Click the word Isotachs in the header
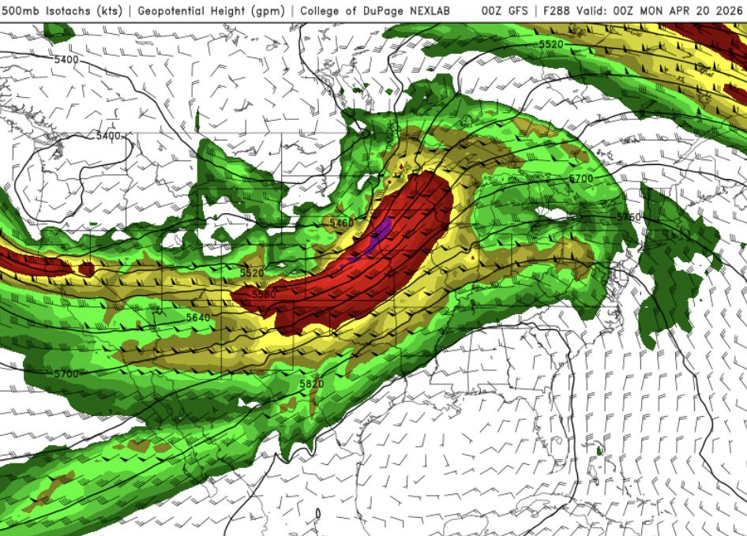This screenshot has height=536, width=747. click(x=62, y=11)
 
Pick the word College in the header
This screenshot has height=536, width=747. click(x=327, y=11)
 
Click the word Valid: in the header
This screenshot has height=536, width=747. click(x=596, y=11)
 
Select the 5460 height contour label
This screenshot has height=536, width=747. click(x=342, y=223)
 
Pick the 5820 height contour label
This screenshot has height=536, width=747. click(x=312, y=384)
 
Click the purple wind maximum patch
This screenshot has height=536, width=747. click(x=380, y=234)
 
